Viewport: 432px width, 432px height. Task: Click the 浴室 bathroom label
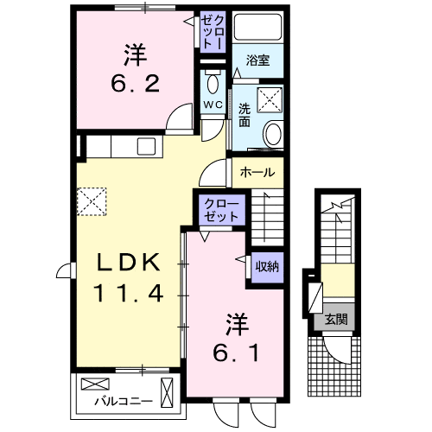257,61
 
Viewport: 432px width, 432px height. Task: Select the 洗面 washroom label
245,116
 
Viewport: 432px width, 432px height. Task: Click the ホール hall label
257,171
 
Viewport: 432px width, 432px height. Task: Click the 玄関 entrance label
337,319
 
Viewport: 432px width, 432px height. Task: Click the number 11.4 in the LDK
128,293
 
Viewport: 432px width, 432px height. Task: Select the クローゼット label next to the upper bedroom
212,31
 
